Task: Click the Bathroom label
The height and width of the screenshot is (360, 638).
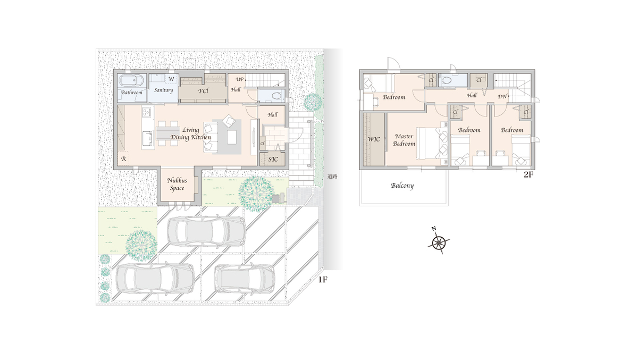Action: click(132, 93)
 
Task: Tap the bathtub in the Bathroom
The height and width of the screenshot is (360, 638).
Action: click(131, 80)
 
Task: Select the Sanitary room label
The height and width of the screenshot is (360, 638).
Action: click(164, 90)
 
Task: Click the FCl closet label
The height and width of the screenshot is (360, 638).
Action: click(203, 91)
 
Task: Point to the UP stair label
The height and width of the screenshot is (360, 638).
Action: click(240, 79)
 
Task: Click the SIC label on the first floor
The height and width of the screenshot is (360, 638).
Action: click(273, 159)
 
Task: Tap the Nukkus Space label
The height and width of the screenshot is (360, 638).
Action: click(177, 184)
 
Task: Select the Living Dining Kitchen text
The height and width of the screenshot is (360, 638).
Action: click(190, 133)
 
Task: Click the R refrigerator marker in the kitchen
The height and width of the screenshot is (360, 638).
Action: click(123, 159)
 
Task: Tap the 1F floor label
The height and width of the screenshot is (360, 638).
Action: click(323, 280)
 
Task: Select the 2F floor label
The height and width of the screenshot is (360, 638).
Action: click(528, 175)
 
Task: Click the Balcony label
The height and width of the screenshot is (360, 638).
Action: click(402, 186)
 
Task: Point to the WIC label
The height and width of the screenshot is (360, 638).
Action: click(374, 139)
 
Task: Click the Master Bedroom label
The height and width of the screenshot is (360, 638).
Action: click(404, 140)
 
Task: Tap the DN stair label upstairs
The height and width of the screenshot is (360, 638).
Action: click(502, 97)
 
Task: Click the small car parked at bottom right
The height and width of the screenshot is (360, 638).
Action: click(245, 279)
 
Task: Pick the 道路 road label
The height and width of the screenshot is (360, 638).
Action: click(332, 177)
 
